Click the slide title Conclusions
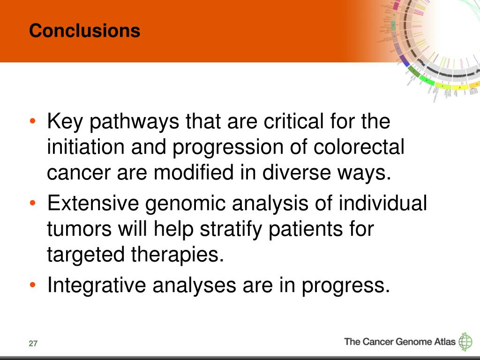point(84,31)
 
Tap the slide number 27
point(33,344)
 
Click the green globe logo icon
point(465,342)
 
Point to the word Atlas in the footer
point(444,341)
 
